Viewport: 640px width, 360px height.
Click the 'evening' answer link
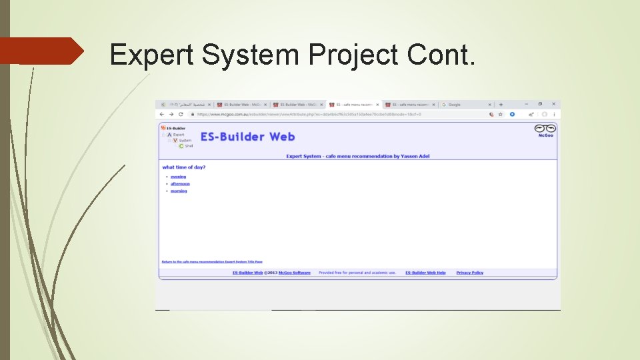point(178,177)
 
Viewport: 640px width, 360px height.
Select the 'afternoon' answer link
point(180,184)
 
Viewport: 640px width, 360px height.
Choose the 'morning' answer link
point(179,191)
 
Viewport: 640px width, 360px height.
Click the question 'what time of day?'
point(183,167)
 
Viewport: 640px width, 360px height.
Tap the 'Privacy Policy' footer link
point(469,273)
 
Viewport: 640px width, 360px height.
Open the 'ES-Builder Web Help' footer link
point(425,273)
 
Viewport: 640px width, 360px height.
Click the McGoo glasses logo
point(545,129)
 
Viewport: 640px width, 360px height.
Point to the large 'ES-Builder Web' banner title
point(247,137)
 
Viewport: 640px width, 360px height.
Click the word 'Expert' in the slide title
point(153,55)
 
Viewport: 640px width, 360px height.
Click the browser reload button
point(181,114)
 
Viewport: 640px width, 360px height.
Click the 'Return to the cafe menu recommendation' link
point(211,262)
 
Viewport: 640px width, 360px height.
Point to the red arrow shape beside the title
point(40,51)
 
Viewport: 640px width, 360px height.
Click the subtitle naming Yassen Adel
point(357,156)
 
